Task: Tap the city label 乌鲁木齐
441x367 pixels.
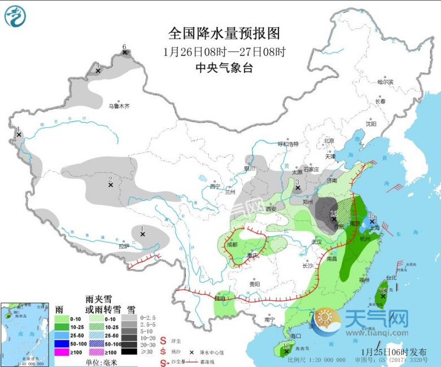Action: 119,106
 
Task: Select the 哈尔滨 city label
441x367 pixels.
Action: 385,82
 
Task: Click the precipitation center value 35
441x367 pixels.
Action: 372,216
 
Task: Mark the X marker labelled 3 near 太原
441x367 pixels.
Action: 298,188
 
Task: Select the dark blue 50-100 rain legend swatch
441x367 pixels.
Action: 62,344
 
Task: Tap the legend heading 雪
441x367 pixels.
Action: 131,309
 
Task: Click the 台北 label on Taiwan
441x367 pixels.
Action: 391,278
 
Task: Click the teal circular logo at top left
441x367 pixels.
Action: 15,15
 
